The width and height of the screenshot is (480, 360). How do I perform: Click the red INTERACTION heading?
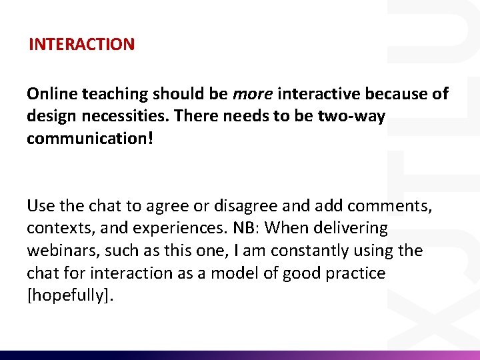pos(81,45)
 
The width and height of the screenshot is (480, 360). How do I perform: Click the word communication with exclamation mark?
pos(91,139)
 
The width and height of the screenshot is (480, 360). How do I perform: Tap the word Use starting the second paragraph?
pos(39,206)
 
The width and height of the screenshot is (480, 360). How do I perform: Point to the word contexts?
pos(55,229)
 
